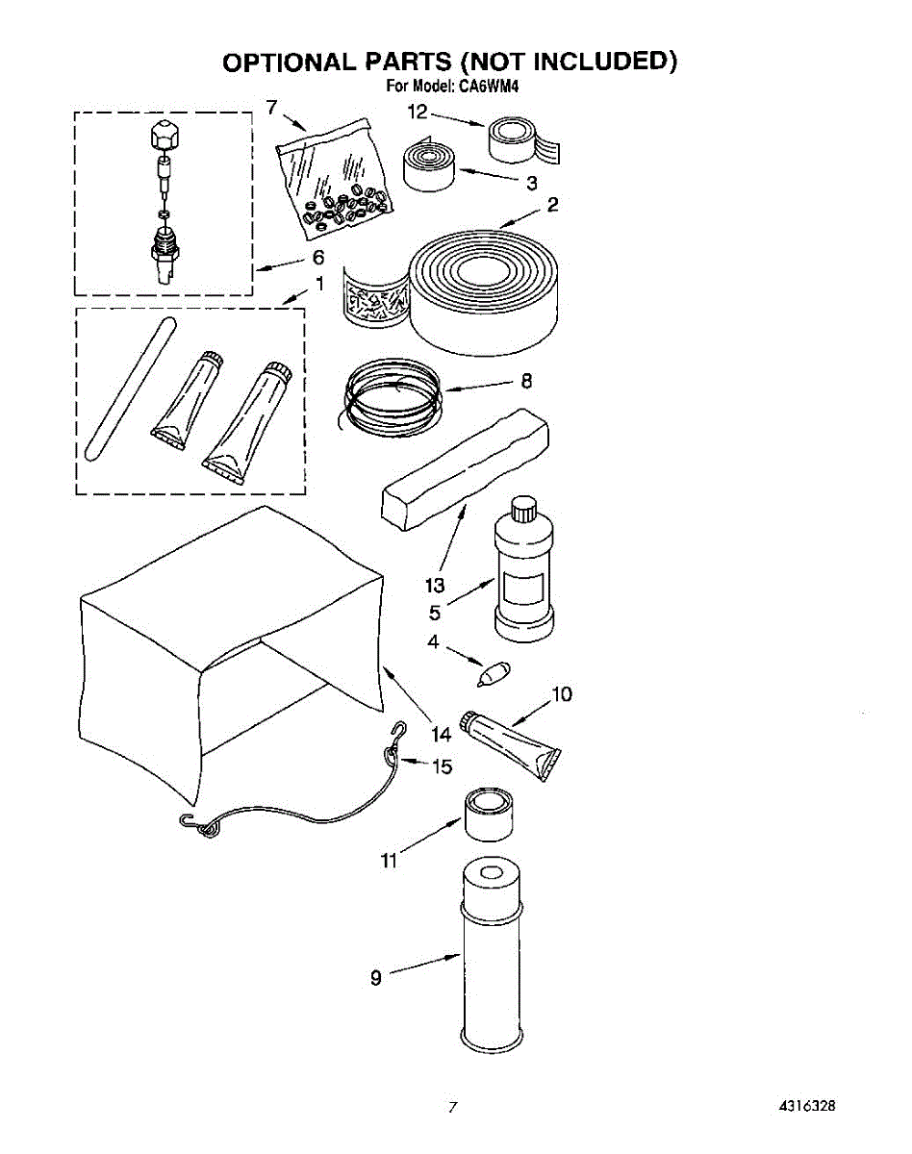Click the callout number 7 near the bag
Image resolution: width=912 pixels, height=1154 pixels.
click(272, 108)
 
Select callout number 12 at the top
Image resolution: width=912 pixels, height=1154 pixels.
click(417, 113)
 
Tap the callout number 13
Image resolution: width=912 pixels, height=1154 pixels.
click(435, 585)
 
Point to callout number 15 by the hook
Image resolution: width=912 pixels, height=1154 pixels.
click(442, 766)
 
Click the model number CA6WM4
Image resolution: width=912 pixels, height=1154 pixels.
click(492, 87)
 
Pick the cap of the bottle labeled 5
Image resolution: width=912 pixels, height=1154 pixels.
click(523, 507)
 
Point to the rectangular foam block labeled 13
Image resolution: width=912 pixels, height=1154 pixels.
click(466, 466)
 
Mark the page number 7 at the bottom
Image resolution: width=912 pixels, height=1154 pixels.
click(450, 1107)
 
